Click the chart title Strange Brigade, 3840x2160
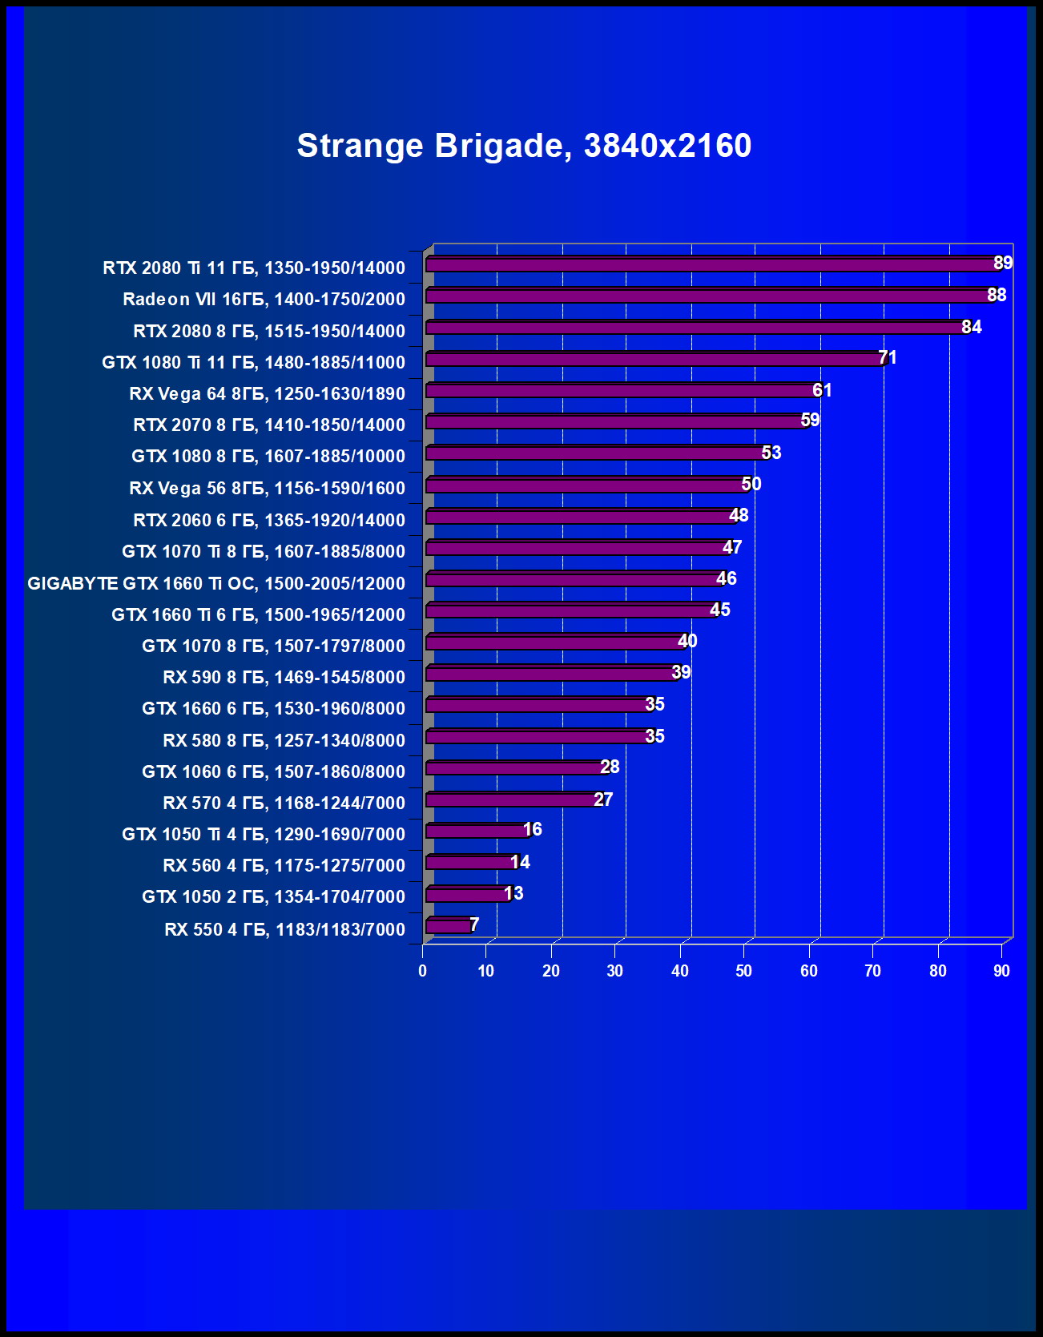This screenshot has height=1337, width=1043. tap(524, 146)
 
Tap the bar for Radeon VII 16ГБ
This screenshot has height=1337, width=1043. tap(708, 296)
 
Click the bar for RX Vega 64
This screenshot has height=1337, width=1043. tap(622, 390)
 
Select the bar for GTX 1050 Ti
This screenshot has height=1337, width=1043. tap(477, 831)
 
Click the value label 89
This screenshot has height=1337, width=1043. tap(1003, 263)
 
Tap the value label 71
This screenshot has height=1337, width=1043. tap(888, 357)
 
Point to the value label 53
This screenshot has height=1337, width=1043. tap(771, 453)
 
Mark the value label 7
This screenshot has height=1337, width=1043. tap(474, 924)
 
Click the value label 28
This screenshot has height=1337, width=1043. tap(610, 767)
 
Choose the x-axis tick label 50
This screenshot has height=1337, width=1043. tap(744, 971)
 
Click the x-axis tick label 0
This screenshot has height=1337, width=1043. tap(423, 971)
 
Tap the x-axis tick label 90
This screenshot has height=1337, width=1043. tap(1001, 971)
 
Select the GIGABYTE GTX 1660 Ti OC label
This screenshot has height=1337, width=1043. tap(216, 583)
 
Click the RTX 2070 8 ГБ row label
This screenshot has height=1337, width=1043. tap(269, 425)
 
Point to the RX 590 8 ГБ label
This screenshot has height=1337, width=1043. tap(284, 677)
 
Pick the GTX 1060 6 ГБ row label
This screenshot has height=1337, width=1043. tap(273, 771)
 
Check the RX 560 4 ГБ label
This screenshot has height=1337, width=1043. tap(284, 865)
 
